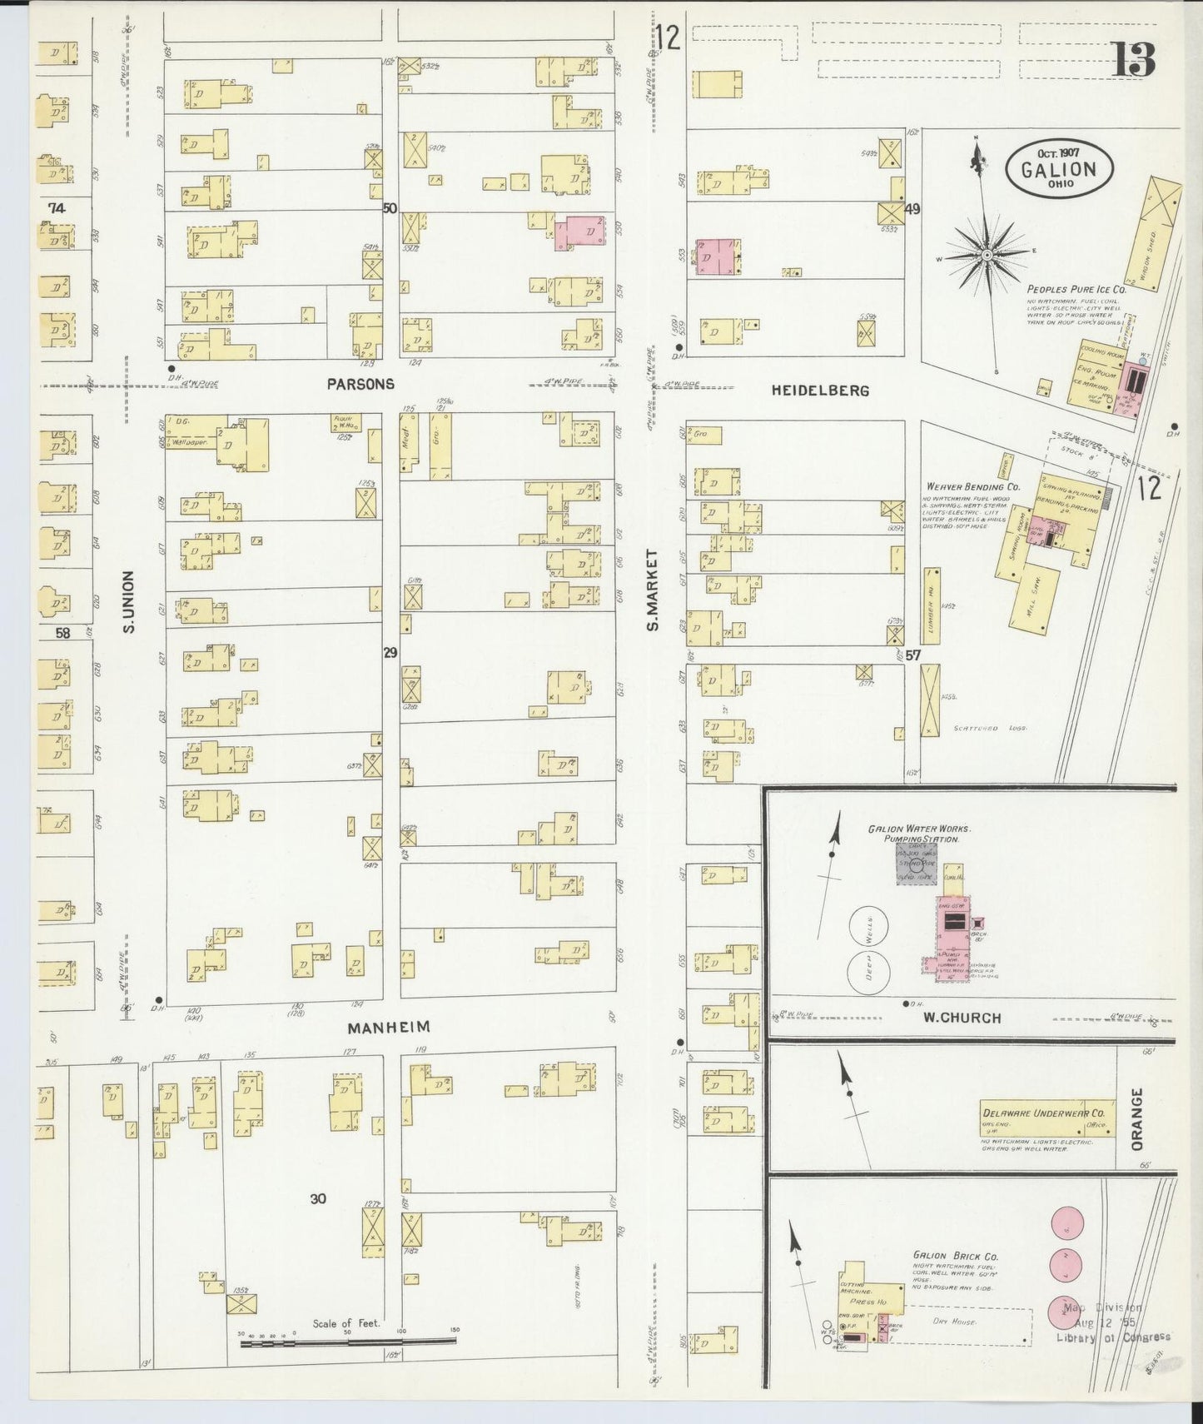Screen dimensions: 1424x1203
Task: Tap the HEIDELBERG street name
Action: [x=820, y=390]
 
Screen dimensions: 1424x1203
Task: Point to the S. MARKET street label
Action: [x=654, y=590]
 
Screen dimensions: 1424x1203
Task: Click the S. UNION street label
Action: [x=129, y=601]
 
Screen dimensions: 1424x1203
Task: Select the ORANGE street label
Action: [x=1138, y=1118]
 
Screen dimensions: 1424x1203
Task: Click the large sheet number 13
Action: [x=1133, y=58]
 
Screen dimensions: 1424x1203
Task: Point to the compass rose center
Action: [x=986, y=254]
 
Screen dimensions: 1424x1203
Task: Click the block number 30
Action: [x=317, y=1198]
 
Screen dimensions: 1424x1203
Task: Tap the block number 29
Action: [x=390, y=654]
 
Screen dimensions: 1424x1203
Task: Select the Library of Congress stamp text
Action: [x=1112, y=1337]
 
